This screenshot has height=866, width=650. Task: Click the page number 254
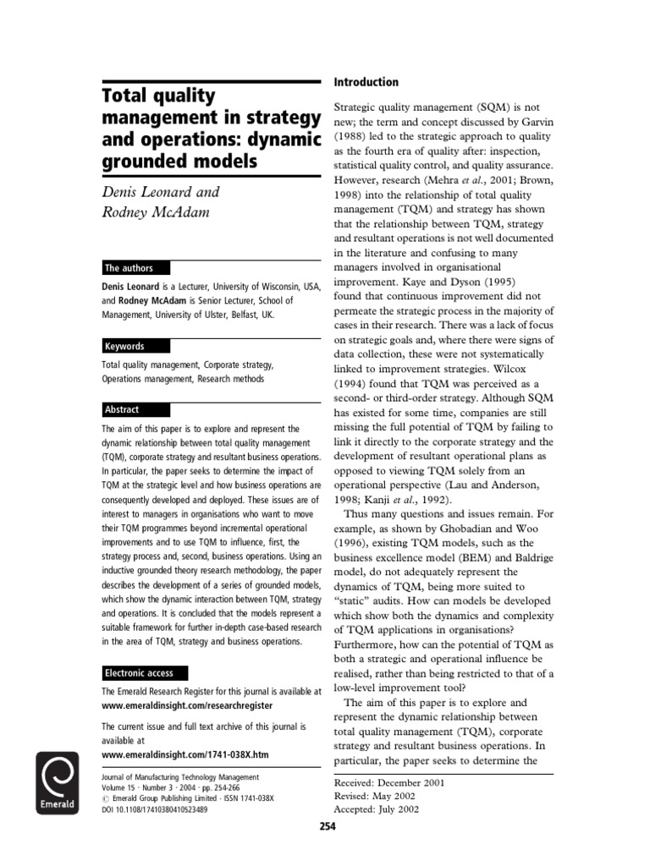(x=327, y=826)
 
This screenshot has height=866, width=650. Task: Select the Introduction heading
(x=366, y=82)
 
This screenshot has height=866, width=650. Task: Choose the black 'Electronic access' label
(x=139, y=673)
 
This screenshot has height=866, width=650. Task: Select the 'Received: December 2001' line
(x=390, y=782)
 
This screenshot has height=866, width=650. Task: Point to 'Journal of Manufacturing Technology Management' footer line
(x=180, y=777)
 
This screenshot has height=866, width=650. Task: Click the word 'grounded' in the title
(x=137, y=160)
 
